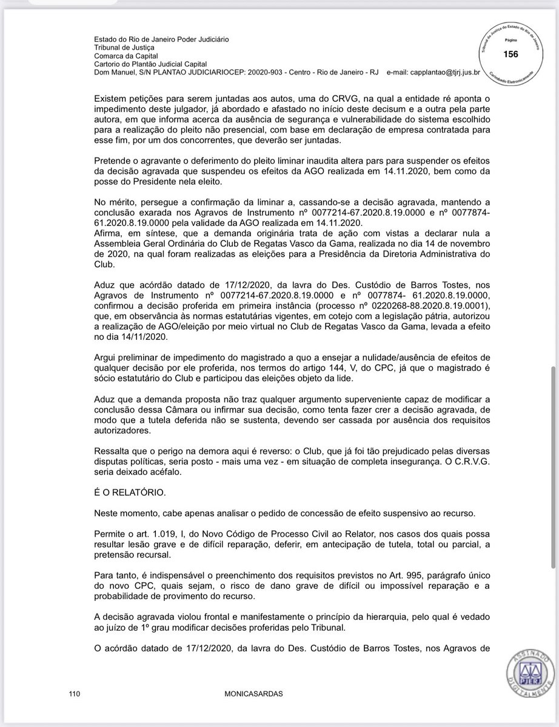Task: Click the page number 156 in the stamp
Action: [x=511, y=55]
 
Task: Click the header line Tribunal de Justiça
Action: [x=124, y=47]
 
